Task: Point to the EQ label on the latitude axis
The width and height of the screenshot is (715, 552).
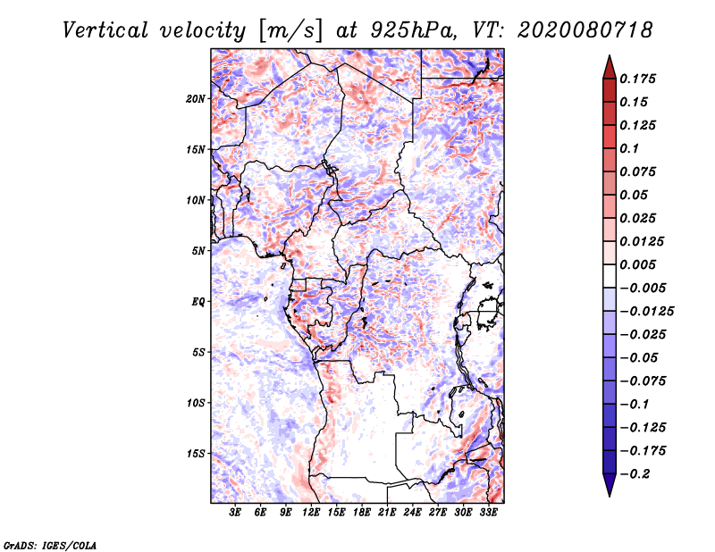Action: click(198, 302)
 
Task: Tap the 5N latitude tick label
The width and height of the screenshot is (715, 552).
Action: click(198, 251)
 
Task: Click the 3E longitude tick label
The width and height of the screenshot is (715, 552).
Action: click(236, 513)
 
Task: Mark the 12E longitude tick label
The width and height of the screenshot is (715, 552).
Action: click(312, 513)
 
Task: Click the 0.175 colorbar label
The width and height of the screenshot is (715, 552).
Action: click(639, 79)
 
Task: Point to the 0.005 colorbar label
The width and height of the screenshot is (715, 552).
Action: click(639, 265)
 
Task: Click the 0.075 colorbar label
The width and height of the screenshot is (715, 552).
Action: click(639, 171)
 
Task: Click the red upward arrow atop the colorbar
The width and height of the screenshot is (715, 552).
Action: click(609, 64)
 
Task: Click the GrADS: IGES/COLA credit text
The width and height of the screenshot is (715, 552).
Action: click(49, 544)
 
